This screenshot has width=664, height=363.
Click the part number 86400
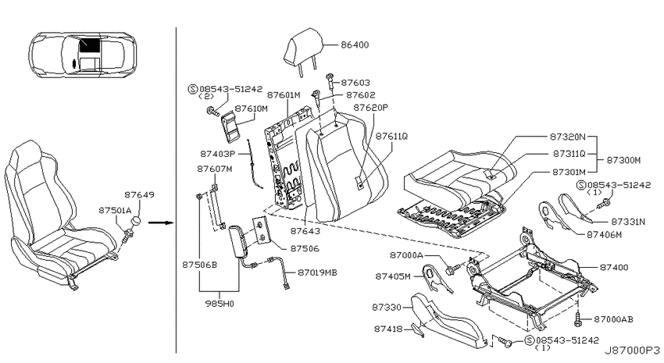[x=355, y=44]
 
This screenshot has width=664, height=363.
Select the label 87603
[x=355, y=83]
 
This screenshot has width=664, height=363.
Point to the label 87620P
[x=371, y=108]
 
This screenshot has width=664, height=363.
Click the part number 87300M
[x=623, y=160]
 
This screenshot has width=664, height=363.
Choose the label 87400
[x=613, y=268]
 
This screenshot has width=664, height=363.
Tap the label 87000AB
[x=613, y=319]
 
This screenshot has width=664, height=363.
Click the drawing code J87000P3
[x=632, y=351]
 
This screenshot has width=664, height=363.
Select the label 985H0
[x=220, y=304]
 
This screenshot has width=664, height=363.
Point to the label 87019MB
[x=317, y=273]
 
